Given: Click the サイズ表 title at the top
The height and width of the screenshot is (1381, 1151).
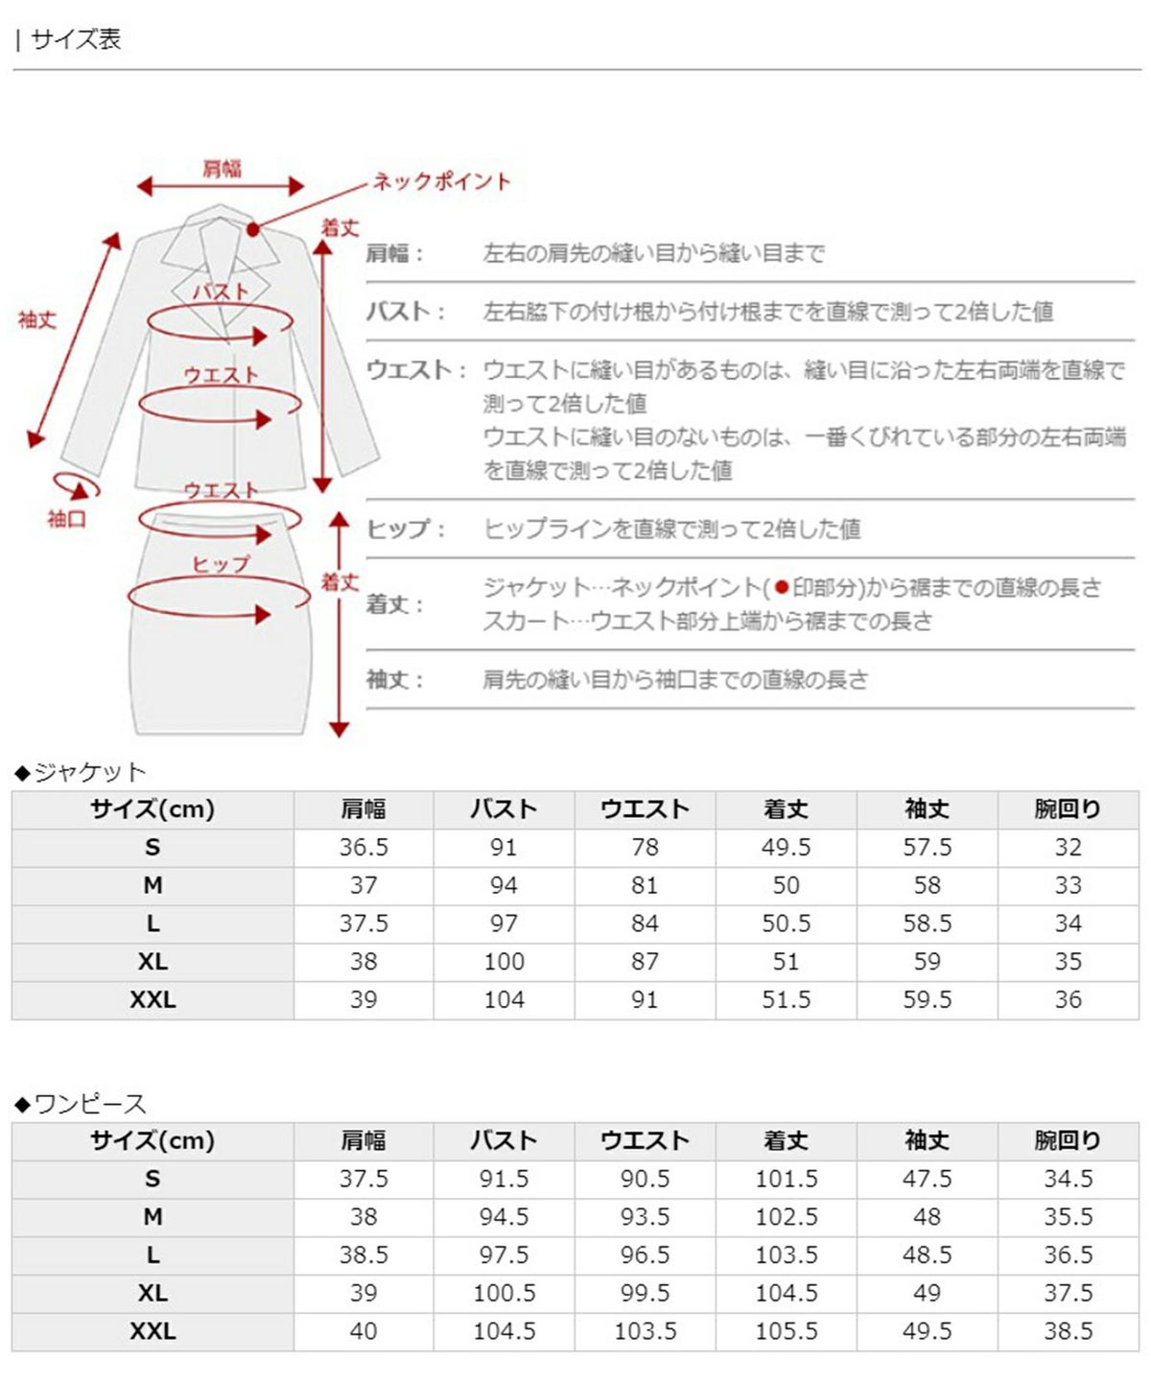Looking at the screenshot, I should pos(75,39).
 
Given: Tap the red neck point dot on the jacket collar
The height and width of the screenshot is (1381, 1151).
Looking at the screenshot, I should pos(252,229).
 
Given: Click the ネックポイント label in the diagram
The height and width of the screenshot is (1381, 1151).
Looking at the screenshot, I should pos(442,181).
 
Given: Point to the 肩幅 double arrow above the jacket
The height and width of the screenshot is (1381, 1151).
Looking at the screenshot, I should pos(221,186).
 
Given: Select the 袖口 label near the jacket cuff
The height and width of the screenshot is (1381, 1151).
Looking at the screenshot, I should pos(66,519).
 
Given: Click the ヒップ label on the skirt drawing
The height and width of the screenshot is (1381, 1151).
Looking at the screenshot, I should pos(220,564).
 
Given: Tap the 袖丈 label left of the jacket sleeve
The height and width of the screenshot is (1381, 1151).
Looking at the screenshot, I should pos(37,319).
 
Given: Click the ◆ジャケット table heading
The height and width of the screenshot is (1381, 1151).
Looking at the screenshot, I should pos(81,772).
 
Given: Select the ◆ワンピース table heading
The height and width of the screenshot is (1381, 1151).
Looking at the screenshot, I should pos(81,1104).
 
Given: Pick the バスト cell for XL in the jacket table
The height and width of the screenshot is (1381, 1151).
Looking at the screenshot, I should pos(504,962).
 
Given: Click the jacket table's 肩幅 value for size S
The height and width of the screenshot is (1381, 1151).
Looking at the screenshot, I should pos(364,848).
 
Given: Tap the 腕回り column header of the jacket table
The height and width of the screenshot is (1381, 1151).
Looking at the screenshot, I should pos(1068,809).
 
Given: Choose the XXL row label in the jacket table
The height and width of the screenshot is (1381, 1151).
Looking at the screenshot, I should pos(153,1000).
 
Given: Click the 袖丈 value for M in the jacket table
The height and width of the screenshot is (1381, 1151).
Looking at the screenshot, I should pos(927,885).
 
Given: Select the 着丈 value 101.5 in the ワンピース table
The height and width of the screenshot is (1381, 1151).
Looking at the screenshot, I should pos(786,1179).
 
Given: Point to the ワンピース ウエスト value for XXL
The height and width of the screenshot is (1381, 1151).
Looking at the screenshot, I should pos(645,1331).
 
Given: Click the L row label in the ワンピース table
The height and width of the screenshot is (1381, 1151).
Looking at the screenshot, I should pos(153,1255).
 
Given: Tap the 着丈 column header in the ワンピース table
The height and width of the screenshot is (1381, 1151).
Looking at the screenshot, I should pos(786,1141).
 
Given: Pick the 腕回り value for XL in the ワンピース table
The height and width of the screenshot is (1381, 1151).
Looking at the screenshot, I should pos(1068,1293).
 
